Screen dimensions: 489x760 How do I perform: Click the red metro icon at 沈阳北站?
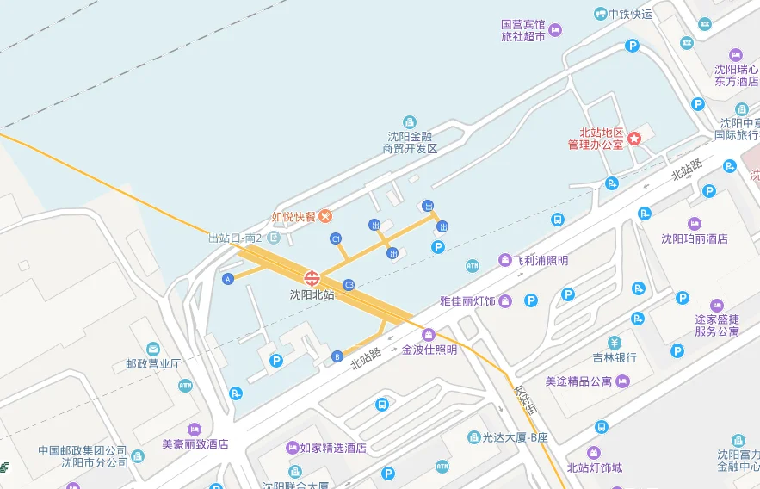pos(312,278)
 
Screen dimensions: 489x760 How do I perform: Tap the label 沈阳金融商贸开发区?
pos(410,142)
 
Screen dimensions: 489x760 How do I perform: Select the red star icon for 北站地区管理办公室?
pos(635,138)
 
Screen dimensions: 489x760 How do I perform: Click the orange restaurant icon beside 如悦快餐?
pos(325,216)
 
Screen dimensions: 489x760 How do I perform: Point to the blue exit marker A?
pos(228,279)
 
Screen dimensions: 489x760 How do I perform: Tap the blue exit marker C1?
pos(336,238)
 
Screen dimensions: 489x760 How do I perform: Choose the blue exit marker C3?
pos(349,284)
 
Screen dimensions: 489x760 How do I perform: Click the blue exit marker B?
pos(337,356)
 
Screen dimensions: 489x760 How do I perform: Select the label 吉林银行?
pos(615,357)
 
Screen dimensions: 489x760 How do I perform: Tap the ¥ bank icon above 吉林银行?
pos(614,342)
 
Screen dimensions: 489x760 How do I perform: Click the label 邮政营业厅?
pos(152,363)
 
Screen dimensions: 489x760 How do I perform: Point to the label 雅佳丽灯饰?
pos(467,300)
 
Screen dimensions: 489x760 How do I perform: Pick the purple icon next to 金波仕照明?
pos(428,334)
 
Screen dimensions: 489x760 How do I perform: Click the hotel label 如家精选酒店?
pos(333,448)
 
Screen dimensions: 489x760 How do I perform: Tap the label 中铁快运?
pos(630,14)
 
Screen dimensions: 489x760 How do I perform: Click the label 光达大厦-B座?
pos(515,437)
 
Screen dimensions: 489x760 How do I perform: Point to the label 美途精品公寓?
pos(578,381)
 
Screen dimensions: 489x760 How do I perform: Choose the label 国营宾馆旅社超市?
pos(523,31)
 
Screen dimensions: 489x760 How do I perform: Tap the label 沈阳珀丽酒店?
pos(694,238)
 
